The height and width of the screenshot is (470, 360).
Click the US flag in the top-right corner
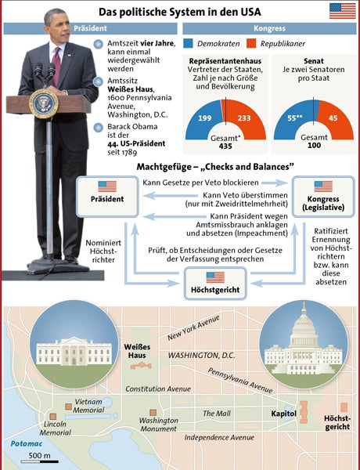click(x=341, y=10)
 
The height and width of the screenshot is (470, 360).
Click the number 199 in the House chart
click(x=205, y=118)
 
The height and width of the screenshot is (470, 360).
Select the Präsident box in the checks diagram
click(x=107, y=193)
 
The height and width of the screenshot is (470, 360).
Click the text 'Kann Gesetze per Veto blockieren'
click(x=214, y=183)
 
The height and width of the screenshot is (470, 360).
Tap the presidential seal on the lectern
click(x=43, y=102)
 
